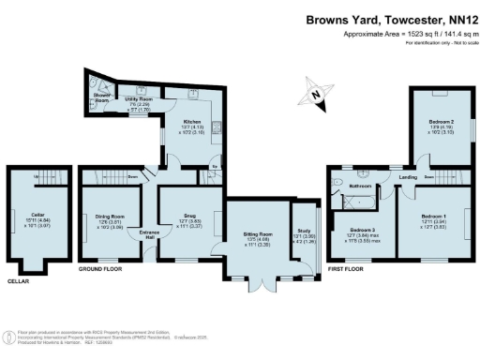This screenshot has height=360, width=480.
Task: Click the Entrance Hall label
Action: click(x=148, y=234)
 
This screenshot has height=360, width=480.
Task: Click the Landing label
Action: click(x=407, y=176)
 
